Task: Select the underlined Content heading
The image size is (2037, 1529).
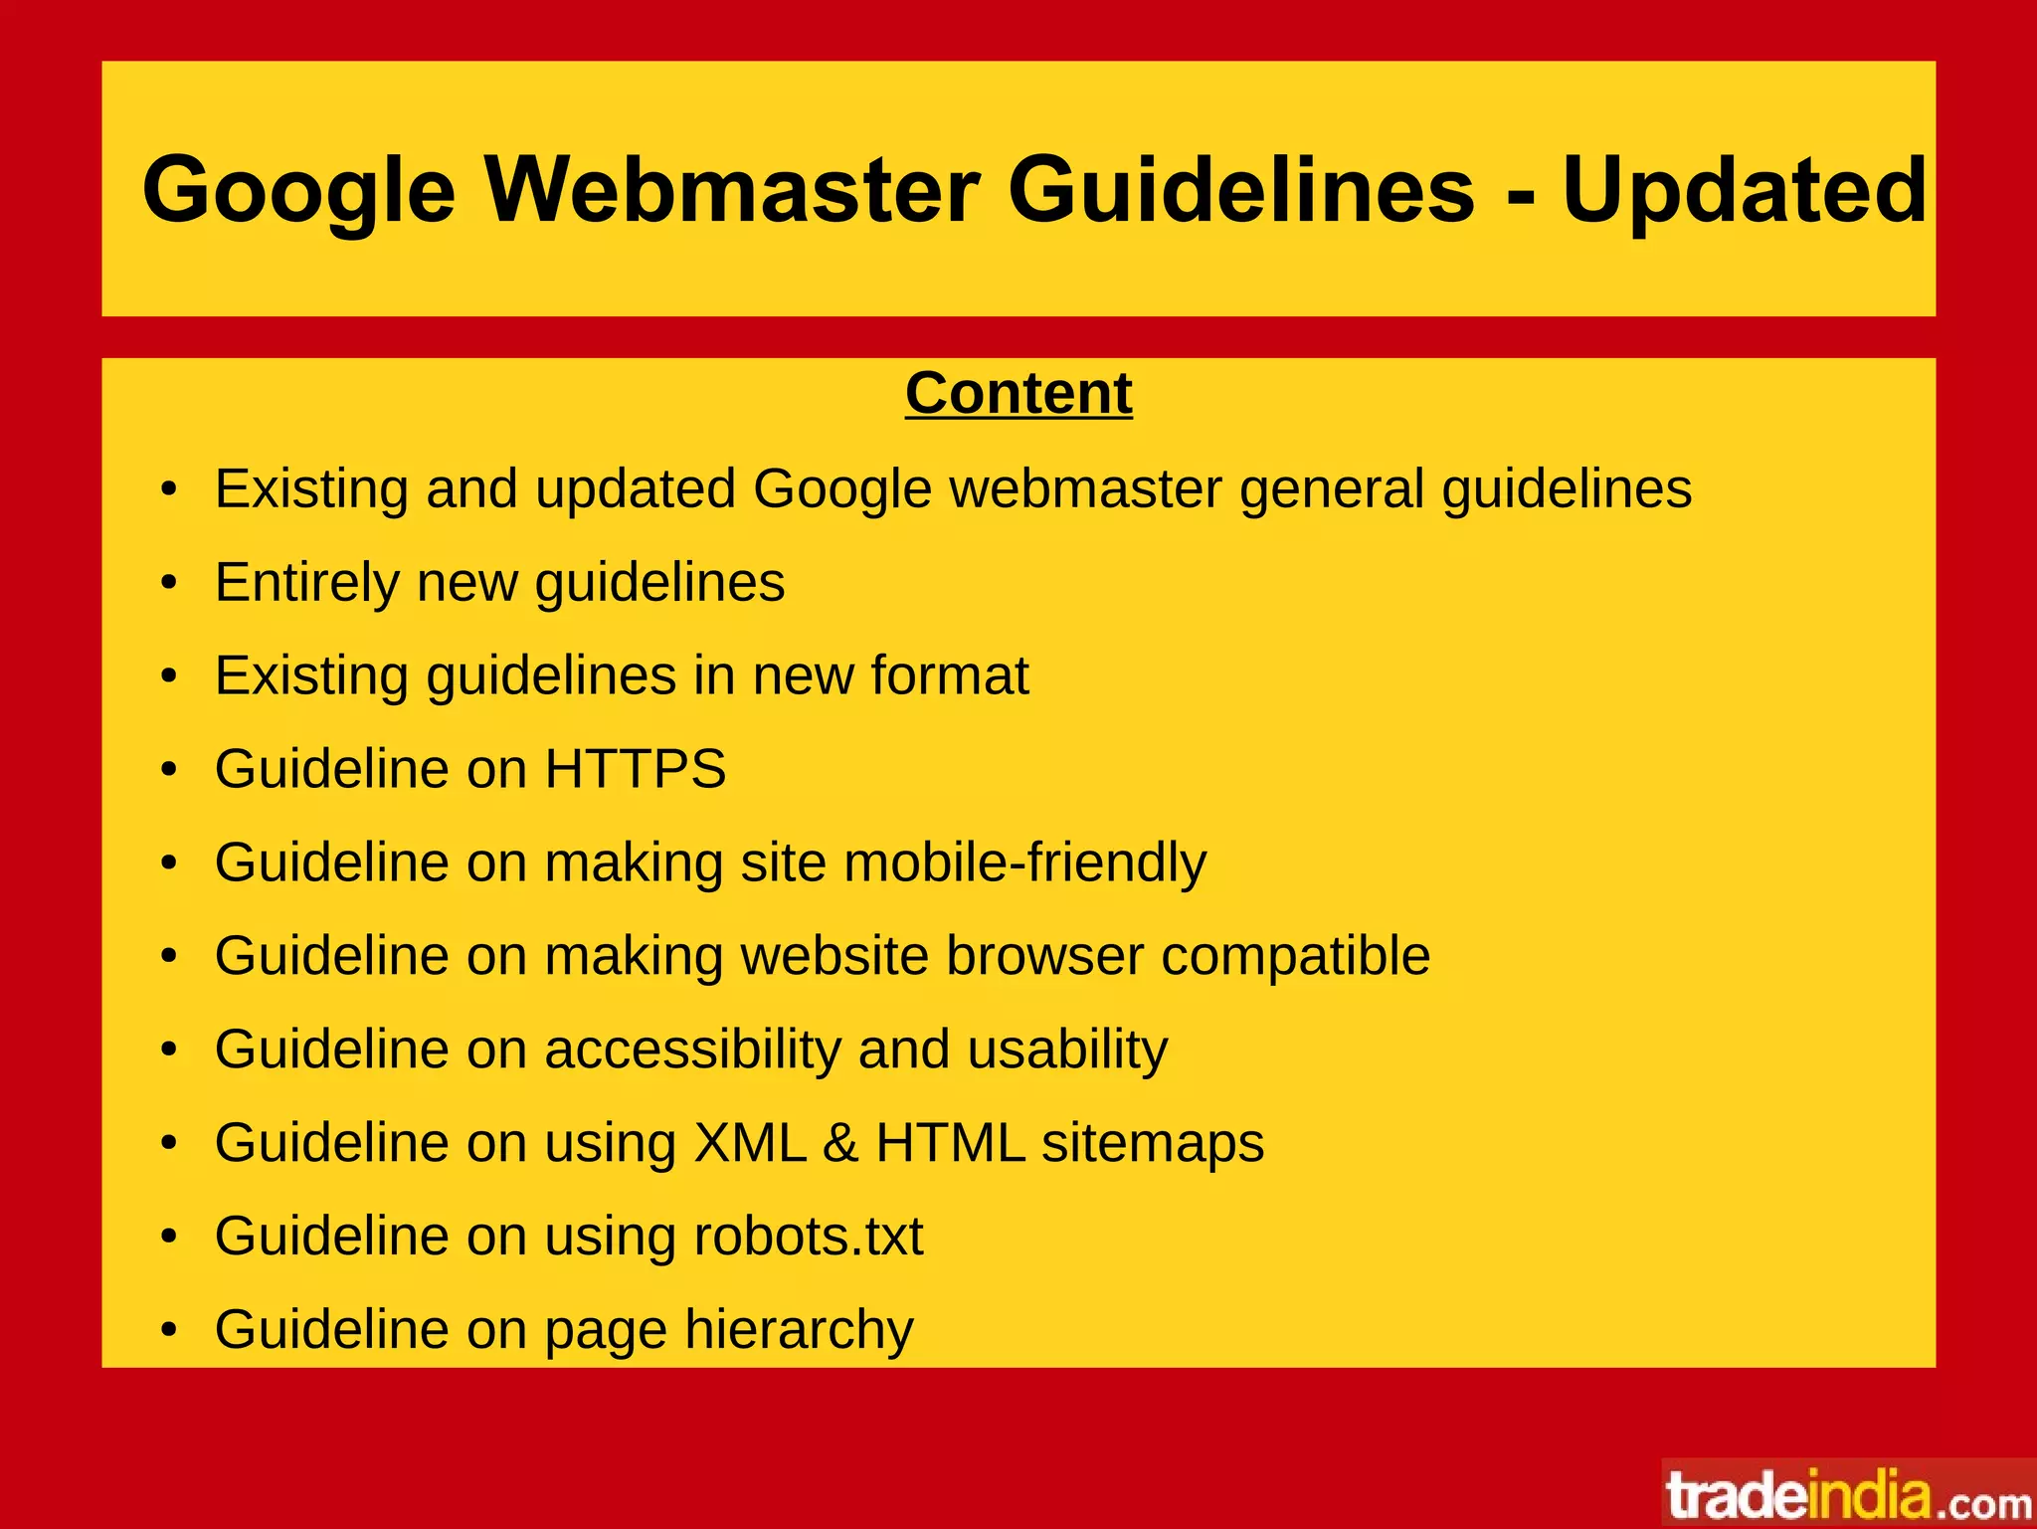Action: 1018,393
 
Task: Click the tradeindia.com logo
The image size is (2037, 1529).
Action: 1848,1495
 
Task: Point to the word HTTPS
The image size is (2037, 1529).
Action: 636,768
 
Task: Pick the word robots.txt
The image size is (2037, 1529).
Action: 808,1236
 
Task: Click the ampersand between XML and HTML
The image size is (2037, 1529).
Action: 840,1142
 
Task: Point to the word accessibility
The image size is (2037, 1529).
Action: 692,1050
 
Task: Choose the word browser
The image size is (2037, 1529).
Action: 1044,955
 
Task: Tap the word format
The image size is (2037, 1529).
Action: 949,675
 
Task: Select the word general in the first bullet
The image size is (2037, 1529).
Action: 1332,488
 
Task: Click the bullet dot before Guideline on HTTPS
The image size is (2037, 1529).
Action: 169,769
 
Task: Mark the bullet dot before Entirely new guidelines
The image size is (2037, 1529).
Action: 169,583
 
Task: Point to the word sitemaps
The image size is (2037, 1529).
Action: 1153,1142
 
